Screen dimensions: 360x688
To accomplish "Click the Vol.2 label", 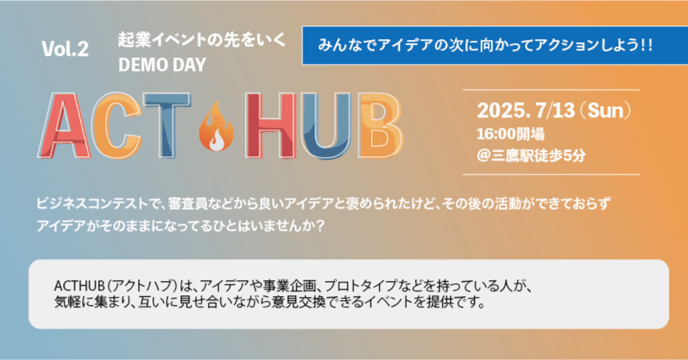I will tap(65, 50).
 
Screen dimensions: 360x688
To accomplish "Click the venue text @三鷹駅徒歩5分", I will tap(531, 155).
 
